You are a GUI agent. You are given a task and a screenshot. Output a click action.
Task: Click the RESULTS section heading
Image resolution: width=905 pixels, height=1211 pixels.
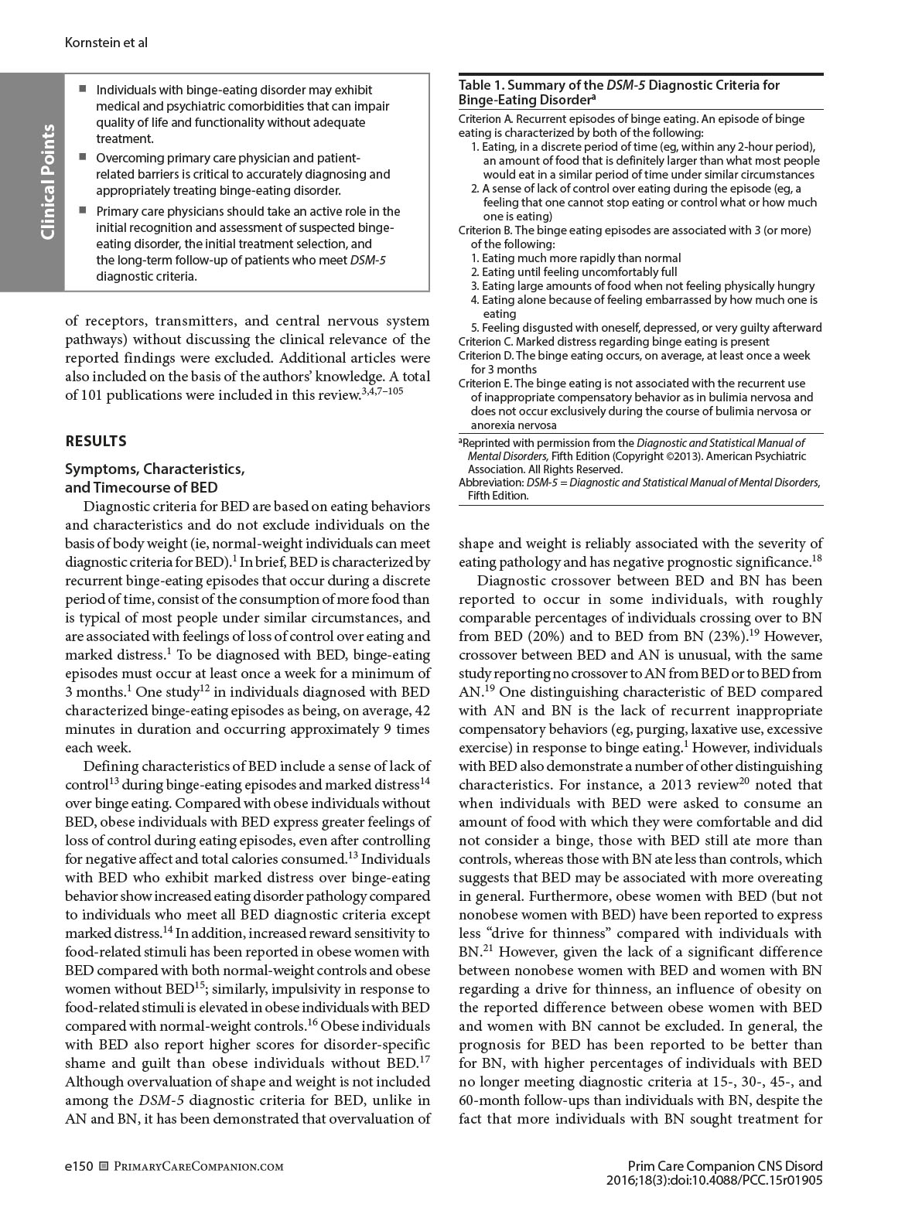96,442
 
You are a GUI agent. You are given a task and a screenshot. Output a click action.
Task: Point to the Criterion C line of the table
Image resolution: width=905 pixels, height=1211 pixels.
613,342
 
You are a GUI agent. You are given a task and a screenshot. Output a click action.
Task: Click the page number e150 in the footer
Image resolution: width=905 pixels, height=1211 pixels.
79,1166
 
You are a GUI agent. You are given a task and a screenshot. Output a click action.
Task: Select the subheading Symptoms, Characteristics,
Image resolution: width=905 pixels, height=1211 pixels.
155,469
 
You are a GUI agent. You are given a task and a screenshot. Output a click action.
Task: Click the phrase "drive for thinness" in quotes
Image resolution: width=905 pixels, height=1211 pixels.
531,933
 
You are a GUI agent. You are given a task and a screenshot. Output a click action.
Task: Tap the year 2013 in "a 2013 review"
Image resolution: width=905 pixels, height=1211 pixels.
719,785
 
